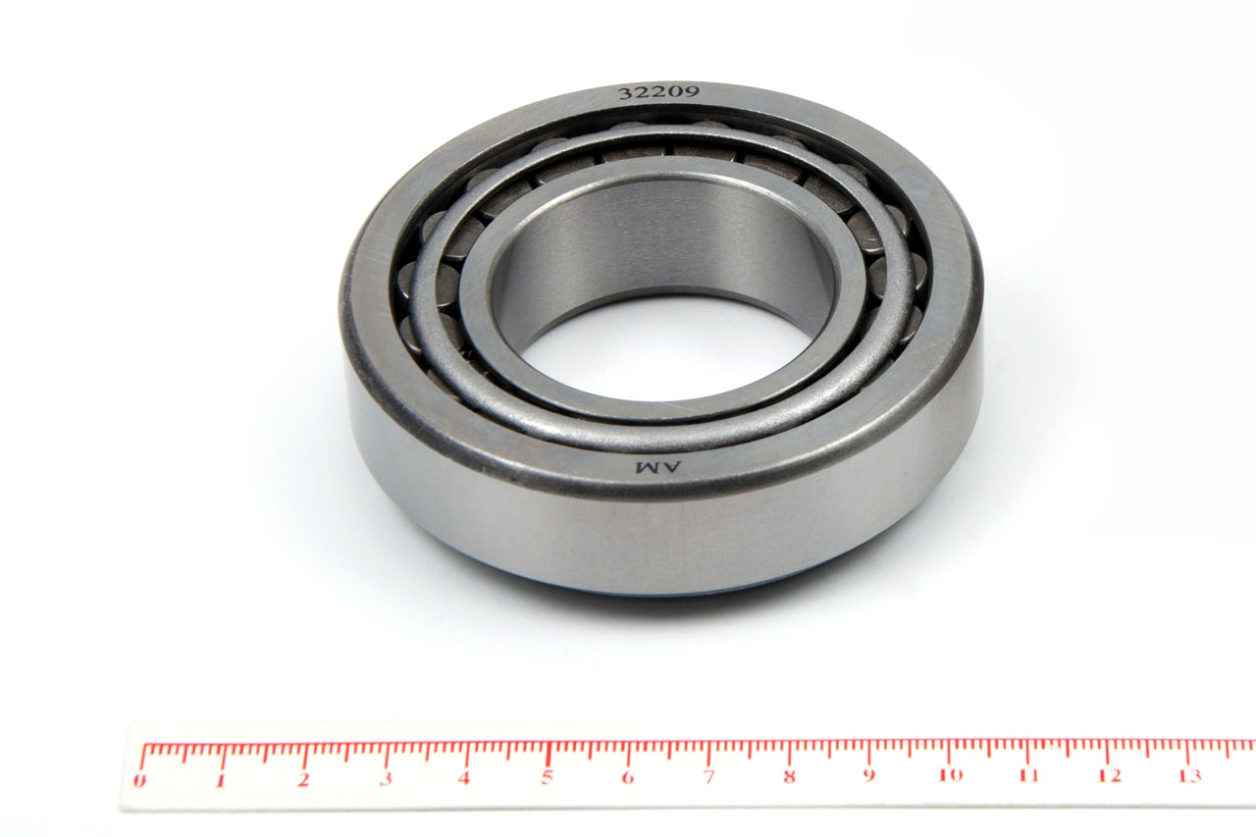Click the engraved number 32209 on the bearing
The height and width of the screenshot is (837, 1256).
point(658,92)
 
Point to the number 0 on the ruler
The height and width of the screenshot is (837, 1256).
point(138,780)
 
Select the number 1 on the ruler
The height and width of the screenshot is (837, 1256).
point(221,780)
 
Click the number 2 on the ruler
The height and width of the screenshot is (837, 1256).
point(303,780)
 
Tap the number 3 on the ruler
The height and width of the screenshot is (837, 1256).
point(386,779)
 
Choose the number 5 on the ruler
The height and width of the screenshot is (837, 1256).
point(547,778)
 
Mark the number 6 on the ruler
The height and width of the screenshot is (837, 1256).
point(627,777)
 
